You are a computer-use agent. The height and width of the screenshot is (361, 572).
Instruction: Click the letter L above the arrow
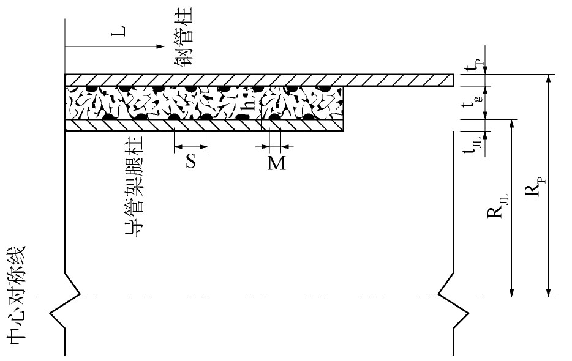coord(118,31)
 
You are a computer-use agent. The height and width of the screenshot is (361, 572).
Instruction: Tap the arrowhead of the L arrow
coord(160,47)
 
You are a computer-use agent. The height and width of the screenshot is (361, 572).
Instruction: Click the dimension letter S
coord(191,161)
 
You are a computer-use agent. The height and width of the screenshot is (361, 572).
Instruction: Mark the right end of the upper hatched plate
coord(453,80)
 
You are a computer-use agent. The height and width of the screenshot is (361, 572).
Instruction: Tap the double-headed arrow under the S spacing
coord(191,147)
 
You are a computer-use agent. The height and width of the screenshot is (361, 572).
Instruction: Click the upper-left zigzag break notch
coord(72,284)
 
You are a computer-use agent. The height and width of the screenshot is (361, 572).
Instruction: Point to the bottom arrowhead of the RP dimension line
coord(548,292)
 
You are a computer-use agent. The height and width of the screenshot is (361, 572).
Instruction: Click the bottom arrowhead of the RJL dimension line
coord(512,292)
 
